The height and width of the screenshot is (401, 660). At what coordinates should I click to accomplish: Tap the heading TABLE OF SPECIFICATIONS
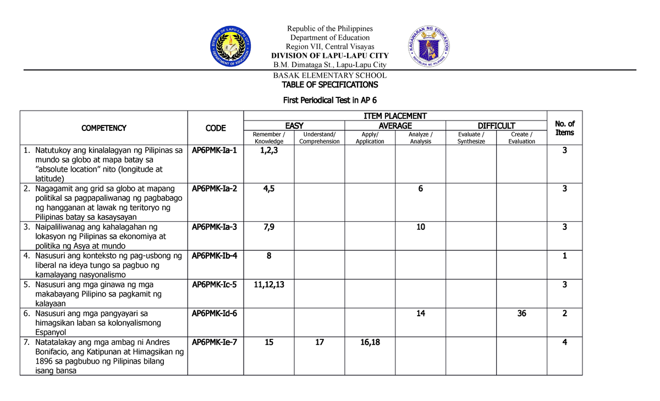point(329,85)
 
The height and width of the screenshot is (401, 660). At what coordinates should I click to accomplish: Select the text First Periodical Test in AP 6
point(329,100)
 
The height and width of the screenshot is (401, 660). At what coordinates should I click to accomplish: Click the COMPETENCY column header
point(103,128)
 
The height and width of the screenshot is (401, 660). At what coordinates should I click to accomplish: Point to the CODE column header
point(216,128)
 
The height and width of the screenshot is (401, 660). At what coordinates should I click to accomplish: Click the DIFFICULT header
point(496,126)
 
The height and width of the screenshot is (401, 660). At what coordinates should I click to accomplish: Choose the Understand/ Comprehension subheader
point(319,138)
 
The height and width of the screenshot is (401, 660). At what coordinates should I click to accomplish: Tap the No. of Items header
point(564,128)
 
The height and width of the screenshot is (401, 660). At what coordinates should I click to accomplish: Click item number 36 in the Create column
point(521,314)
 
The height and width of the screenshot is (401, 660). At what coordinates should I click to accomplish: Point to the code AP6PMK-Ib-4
point(215,256)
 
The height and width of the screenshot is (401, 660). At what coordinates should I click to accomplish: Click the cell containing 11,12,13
point(268,284)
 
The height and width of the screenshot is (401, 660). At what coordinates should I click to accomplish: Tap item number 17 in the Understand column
point(319,342)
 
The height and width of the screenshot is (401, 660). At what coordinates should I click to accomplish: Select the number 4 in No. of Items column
point(564,342)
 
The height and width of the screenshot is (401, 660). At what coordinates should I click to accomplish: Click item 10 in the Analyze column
point(420,227)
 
